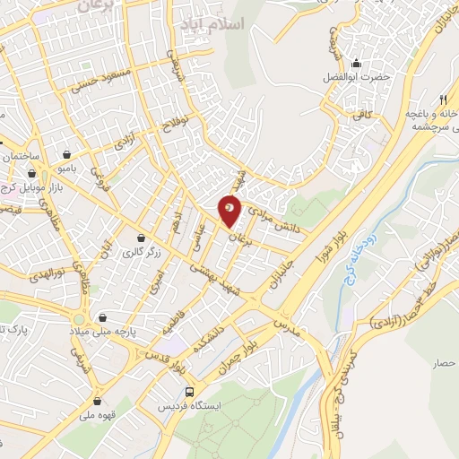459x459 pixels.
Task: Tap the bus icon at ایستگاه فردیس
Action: point(189,392)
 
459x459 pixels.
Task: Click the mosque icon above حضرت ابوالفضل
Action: point(357,63)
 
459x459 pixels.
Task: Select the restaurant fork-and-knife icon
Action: point(443,99)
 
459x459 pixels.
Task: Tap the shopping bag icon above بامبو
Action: point(69,152)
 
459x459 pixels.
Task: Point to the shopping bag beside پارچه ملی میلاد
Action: point(106,316)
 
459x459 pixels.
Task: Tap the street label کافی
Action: point(363,114)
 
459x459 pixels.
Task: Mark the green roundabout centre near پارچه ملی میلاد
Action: point(80,318)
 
